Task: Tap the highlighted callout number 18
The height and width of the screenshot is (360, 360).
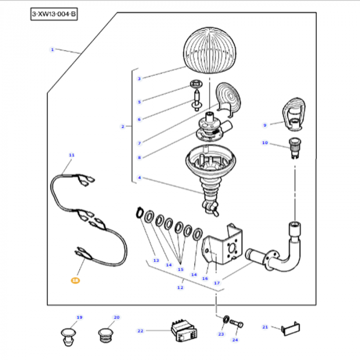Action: (76, 281)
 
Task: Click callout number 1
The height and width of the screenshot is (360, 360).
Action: (52, 49)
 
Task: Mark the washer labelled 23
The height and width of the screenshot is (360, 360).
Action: (225, 322)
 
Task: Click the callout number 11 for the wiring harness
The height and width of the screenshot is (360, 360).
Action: (71, 155)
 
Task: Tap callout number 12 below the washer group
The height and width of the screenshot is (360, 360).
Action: (180, 287)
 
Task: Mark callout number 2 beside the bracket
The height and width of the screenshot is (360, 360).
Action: (123, 127)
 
